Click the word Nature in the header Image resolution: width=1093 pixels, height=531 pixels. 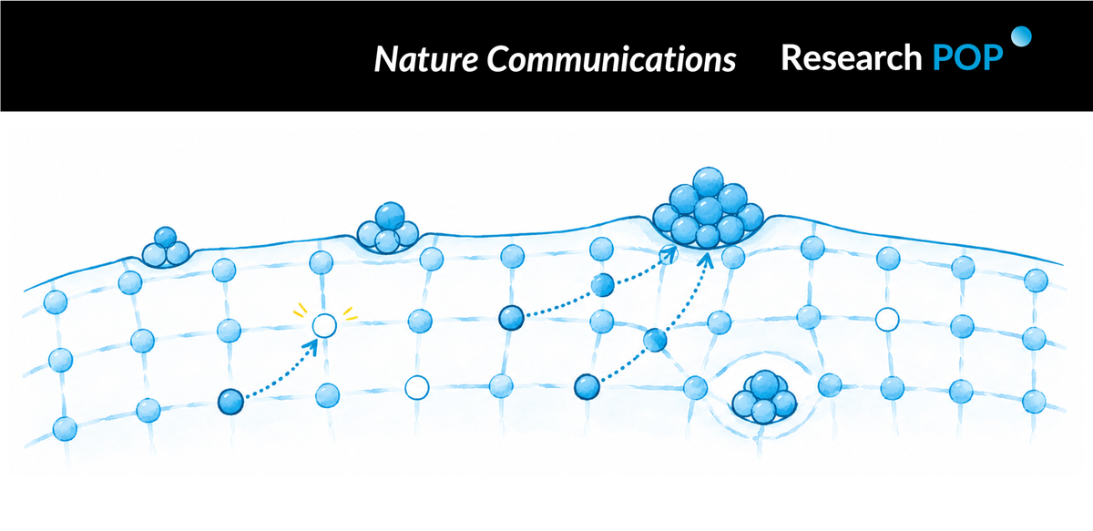[x=426, y=59]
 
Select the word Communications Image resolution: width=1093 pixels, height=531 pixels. [x=611, y=59]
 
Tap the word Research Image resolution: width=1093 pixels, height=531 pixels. [x=852, y=57]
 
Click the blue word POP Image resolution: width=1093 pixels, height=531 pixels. [x=967, y=57]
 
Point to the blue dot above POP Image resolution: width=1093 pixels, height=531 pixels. [x=1021, y=36]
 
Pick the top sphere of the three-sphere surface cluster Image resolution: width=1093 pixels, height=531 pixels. [x=166, y=238]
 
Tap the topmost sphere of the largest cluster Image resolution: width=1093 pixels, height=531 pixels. [x=708, y=182]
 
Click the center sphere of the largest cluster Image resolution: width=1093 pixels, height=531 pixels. [x=708, y=210]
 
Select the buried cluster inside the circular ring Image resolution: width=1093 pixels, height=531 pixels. [x=764, y=397]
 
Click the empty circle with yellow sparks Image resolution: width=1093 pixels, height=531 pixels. [x=324, y=325]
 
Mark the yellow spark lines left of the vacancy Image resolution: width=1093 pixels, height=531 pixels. [x=300, y=311]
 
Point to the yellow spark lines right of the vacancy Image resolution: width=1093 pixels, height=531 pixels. [x=350, y=313]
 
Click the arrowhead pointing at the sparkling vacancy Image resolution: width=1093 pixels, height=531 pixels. [x=312, y=346]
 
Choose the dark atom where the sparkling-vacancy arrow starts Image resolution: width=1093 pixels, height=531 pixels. [x=230, y=402]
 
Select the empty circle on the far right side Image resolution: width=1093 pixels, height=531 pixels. [x=887, y=321]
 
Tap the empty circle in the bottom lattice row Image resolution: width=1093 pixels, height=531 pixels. [x=417, y=388]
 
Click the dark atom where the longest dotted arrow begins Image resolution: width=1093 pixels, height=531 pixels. [x=587, y=387]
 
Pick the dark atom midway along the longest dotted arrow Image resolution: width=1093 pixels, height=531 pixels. [x=655, y=340]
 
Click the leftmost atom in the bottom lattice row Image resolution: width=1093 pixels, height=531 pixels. [x=65, y=429]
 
